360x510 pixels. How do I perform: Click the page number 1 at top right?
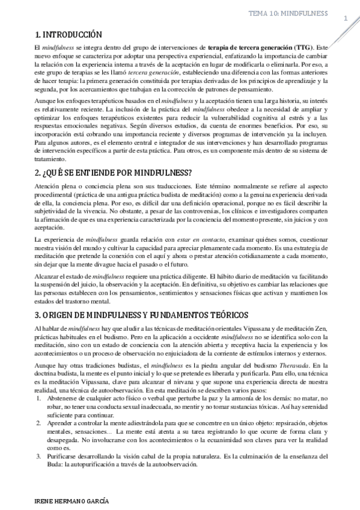346,19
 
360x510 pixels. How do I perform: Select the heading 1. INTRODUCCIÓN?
69,34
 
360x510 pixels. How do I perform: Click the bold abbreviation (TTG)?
285,46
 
